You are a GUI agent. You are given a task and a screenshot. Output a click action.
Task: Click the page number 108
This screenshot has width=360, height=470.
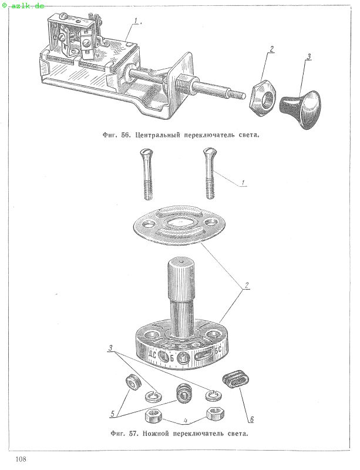21,459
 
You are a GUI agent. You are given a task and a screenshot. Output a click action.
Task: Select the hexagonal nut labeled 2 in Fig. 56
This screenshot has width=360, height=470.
263,99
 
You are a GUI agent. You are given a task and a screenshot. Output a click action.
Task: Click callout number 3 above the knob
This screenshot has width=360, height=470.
309,56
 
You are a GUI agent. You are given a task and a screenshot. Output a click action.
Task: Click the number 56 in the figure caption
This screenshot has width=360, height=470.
125,135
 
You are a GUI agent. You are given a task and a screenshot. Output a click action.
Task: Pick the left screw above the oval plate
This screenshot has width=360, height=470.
146,174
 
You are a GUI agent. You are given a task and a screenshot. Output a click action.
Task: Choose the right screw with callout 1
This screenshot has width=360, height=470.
210,173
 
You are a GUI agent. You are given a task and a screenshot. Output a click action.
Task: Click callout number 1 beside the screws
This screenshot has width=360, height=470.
243,182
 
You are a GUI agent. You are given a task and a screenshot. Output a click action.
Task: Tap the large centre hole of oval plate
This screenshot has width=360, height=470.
179,223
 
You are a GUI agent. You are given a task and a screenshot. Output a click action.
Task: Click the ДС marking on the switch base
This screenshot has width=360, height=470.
152,355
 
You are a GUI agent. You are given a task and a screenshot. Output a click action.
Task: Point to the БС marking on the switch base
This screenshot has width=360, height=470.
218,350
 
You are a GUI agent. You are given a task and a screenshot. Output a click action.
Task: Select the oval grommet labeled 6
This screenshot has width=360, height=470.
235,380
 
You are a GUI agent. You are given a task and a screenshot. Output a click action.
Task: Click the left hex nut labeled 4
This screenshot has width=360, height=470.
153,416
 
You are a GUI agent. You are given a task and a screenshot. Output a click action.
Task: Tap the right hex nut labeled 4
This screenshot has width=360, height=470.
215,414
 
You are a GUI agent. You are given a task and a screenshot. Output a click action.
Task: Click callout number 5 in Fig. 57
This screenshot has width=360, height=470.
113,414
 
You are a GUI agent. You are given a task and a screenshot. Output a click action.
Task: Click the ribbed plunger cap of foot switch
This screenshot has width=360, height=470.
181,280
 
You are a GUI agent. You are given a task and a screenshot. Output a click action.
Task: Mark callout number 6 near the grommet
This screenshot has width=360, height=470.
252,419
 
